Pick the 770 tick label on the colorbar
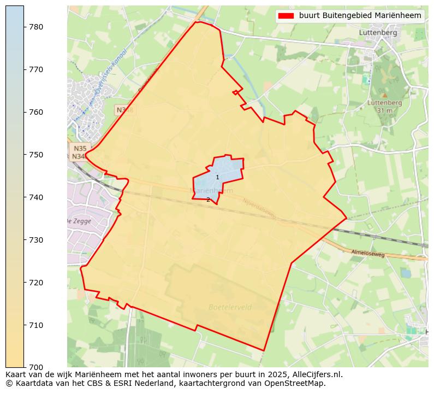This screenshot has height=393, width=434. (x=36, y=69)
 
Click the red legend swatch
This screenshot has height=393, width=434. (x=286, y=16)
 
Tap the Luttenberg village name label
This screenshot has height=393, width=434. (x=378, y=32)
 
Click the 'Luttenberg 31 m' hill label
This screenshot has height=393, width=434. (x=385, y=106)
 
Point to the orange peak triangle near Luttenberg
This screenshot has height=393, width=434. (x=385, y=95)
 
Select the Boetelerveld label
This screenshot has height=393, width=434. (x=230, y=307)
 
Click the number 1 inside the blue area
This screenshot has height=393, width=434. (x=217, y=177)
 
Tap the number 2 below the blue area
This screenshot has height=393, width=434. (x=208, y=200)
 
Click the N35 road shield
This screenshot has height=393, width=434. (x=80, y=148)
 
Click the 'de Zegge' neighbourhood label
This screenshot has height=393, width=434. (x=79, y=221)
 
